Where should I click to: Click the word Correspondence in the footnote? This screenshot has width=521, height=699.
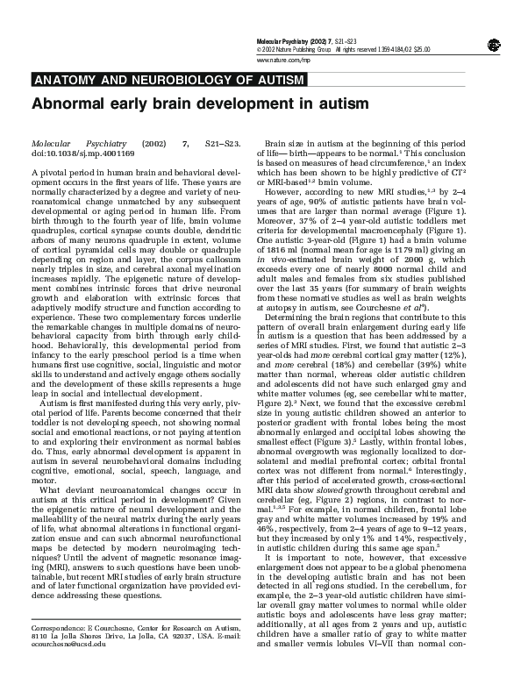point(59,653)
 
